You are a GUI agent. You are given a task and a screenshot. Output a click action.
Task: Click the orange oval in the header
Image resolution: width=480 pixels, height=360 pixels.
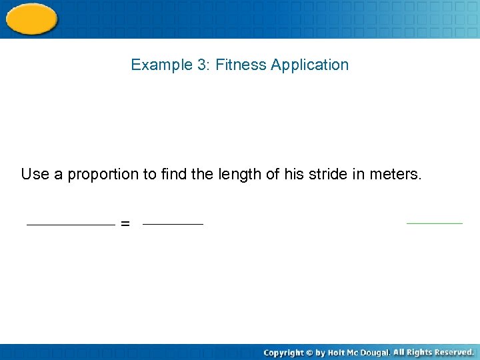[x=31, y=18]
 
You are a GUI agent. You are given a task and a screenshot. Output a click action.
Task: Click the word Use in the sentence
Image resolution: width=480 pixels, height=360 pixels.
[x=35, y=175]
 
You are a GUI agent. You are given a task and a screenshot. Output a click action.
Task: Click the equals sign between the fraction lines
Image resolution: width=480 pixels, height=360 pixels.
[x=125, y=225]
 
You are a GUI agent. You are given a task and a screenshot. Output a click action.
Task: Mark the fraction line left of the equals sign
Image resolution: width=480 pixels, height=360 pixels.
[x=71, y=225]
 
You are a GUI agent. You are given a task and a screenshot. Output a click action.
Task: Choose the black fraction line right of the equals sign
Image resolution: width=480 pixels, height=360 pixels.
[x=173, y=225]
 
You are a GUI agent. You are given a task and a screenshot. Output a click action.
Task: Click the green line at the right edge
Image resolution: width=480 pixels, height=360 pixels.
[x=434, y=223]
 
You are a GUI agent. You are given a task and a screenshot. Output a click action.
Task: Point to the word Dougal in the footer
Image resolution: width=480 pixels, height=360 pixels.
[x=376, y=352]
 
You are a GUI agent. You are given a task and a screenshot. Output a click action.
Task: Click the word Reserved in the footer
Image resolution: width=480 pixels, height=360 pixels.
[x=454, y=351]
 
